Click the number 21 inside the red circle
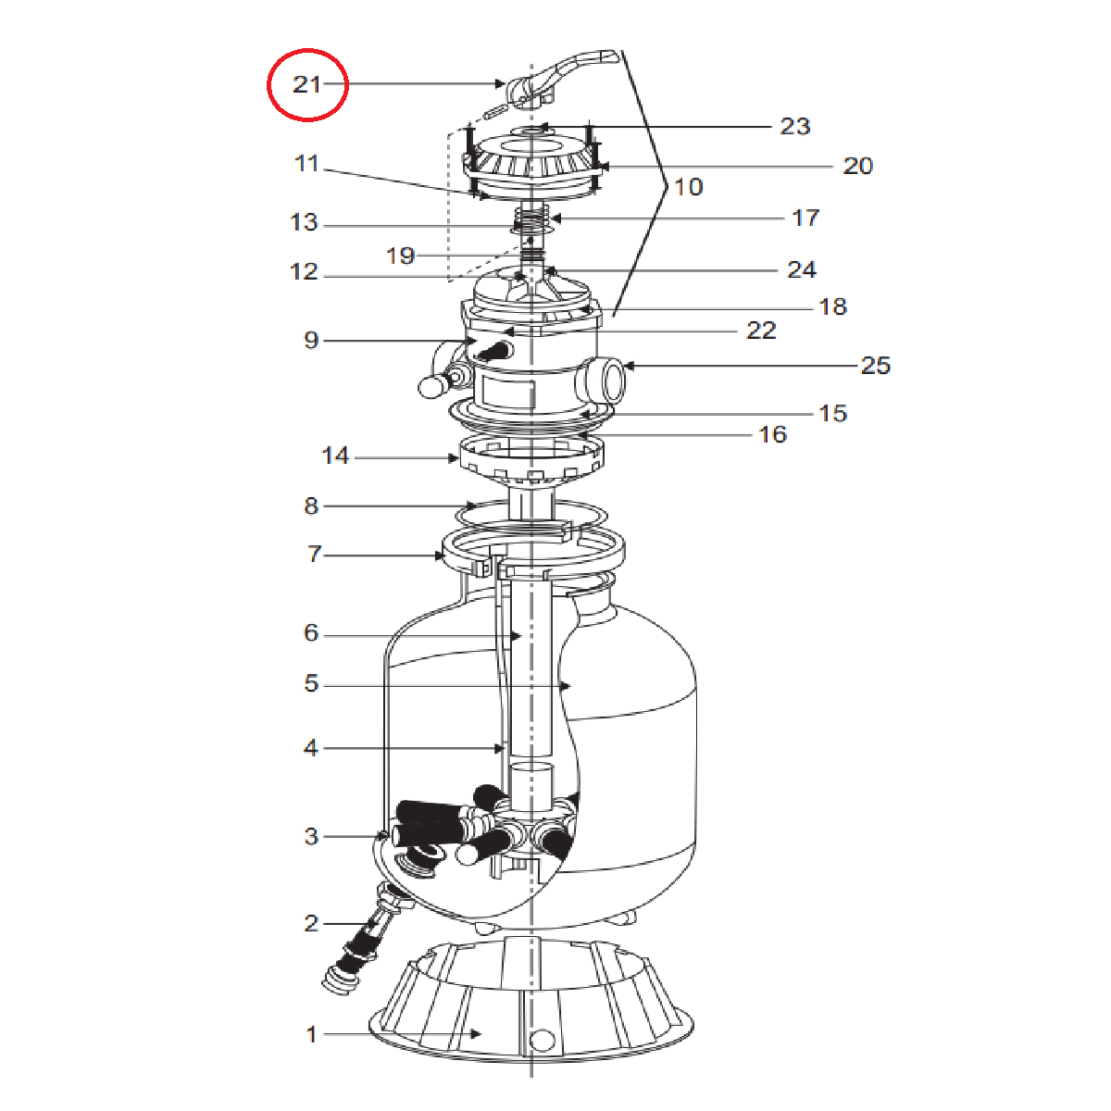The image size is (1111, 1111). point(306,85)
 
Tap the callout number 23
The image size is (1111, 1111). point(795,126)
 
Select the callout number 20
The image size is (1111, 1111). point(858,166)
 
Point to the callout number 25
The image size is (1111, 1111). point(876,366)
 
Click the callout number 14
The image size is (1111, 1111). point(335,456)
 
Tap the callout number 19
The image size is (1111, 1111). point(400,256)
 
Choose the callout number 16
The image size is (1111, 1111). point(772,435)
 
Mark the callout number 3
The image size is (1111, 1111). point(311,836)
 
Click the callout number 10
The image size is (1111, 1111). point(689,187)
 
